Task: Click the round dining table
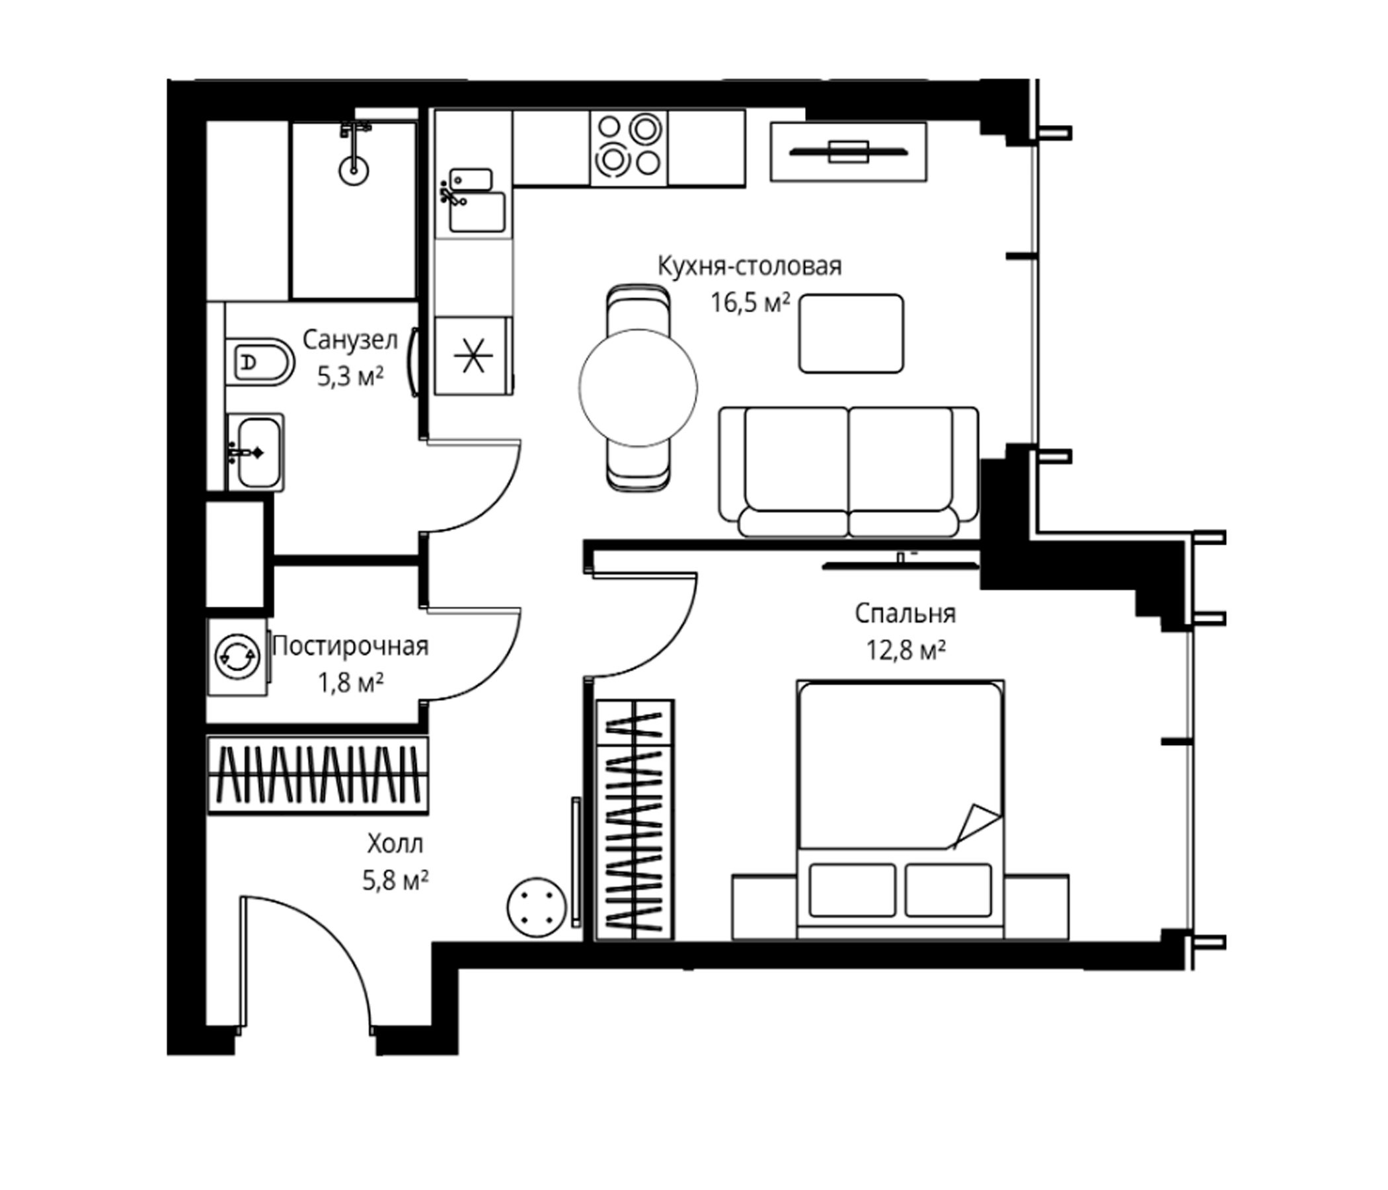(x=638, y=387)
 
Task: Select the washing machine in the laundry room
(x=237, y=656)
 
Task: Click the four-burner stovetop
(x=629, y=147)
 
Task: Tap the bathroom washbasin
(x=255, y=452)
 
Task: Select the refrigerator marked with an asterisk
(x=473, y=356)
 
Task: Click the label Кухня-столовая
(x=750, y=266)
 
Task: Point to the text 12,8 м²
(x=906, y=649)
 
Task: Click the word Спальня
(x=905, y=613)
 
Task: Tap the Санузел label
(x=350, y=340)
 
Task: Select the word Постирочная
(x=350, y=647)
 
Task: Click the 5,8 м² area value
(x=395, y=881)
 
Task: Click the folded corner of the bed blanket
(x=976, y=825)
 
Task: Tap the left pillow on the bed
(x=852, y=891)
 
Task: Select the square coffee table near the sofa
(x=851, y=333)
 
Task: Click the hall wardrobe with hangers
(x=317, y=775)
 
